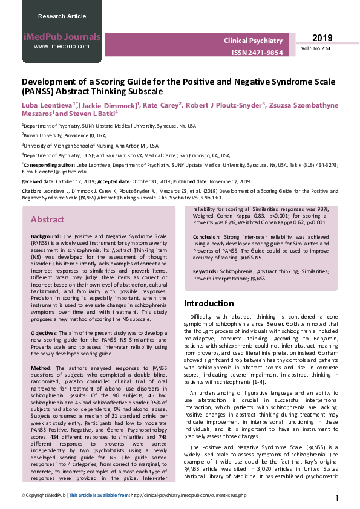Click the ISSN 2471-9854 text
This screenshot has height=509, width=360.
pos(257,53)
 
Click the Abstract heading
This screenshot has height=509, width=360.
pos(47,219)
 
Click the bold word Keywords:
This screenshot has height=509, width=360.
pos(206,273)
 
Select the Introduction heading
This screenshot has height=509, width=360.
pos(208,303)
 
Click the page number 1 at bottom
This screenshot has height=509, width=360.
pos(336,498)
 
